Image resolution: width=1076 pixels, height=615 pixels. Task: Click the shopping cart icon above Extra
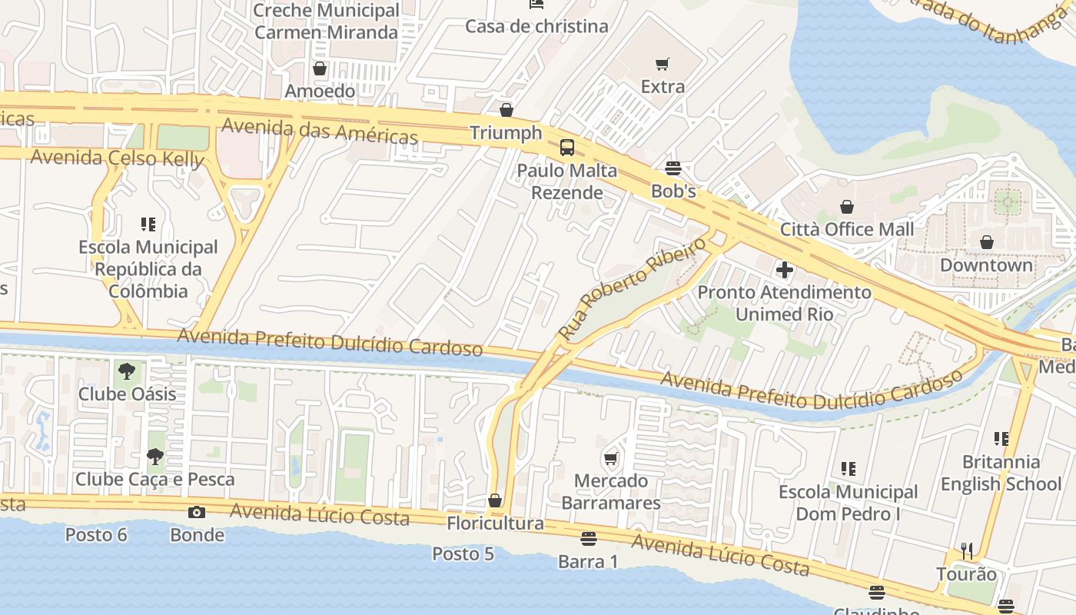coord(663,65)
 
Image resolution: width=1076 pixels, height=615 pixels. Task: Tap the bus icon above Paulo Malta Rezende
coord(567,148)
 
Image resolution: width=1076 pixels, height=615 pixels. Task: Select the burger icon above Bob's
coord(673,168)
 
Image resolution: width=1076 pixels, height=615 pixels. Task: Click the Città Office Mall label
coord(847,229)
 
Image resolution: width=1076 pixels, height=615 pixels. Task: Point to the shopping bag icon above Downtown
coord(987,243)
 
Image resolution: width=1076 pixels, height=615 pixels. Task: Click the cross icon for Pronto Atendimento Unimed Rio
coord(785,270)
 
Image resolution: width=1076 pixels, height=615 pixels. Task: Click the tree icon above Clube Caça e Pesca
coord(155,457)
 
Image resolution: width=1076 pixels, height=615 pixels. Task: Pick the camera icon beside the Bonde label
coord(197,513)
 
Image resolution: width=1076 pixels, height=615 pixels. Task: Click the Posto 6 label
coord(96,534)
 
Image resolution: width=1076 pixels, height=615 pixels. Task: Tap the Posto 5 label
coord(463,553)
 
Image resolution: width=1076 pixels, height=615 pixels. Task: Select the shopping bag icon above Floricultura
coord(495,501)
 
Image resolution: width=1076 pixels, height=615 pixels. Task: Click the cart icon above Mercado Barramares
coord(611,459)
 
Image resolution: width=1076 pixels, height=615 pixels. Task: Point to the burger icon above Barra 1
coord(589,539)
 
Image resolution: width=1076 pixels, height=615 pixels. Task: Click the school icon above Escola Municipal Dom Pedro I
coord(849,469)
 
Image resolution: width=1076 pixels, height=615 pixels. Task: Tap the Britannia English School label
coord(1001,473)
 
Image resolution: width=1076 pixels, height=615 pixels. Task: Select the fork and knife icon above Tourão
coord(967,551)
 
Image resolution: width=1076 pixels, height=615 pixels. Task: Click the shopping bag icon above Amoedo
coord(320,69)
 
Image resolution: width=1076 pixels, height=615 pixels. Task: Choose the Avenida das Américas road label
coord(320,131)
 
